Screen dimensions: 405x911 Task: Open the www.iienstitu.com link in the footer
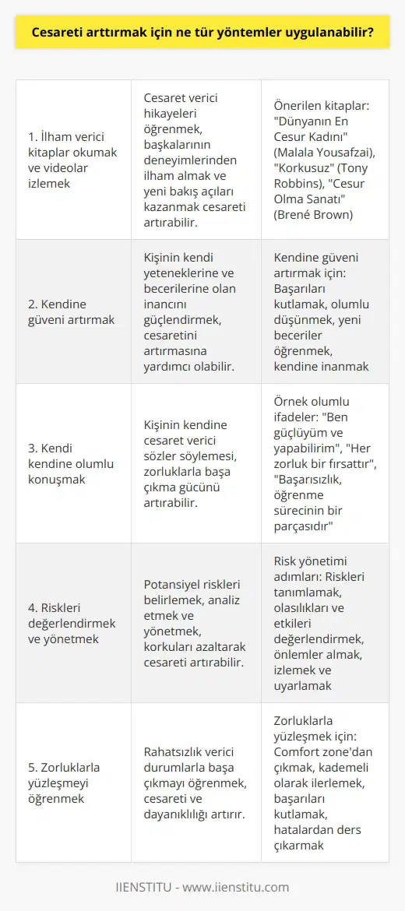pyautogui.click(x=240, y=887)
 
